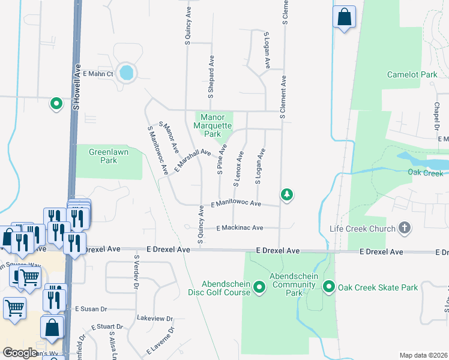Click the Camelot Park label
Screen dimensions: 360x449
pyautogui.click(x=412, y=74)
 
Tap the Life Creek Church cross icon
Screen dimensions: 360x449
pyautogui.click(x=405, y=228)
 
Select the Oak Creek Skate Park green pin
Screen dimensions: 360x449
pyautogui.click(x=329, y=287)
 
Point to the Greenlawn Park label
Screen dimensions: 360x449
pyautogui.click(x=103, y=157)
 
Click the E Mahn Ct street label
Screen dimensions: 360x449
pyautogui.click(x=98, y=74)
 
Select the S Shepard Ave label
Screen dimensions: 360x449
pyautogui.click(x=211, y=77)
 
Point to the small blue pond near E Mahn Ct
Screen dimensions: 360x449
pyautogui.click(x=127, y=73)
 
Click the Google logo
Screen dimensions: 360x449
pyautogui.click(x=20, y=353)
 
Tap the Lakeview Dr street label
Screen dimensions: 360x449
pyautogui.click(x=154, y=319)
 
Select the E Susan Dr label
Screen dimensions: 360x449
pyautogui.click(x=91, y=308)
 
